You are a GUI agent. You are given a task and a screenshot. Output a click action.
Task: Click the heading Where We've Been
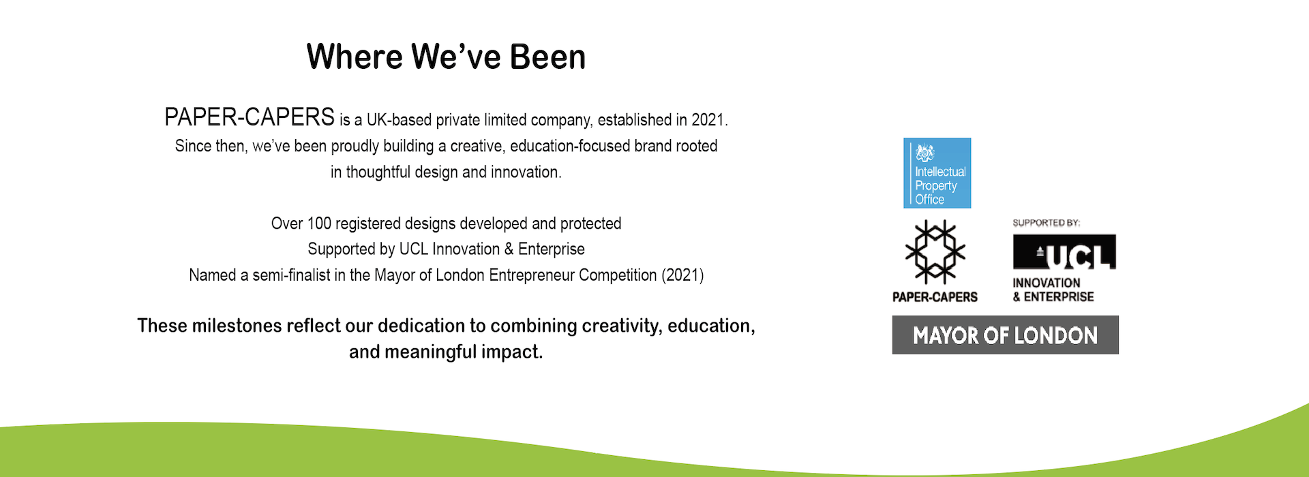446,56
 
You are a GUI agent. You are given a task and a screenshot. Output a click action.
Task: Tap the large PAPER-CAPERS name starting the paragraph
250,117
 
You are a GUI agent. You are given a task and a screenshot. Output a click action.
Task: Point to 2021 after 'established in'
709,120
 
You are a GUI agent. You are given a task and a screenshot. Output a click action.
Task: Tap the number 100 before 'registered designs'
319,224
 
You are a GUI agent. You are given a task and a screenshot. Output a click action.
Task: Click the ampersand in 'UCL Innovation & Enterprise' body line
509,249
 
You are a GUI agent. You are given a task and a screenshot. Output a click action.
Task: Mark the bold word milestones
237,326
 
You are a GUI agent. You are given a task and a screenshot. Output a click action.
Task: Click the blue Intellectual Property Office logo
937,173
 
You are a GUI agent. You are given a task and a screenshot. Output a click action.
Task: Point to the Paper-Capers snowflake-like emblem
935,252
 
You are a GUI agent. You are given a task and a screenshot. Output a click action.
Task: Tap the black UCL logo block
1064,251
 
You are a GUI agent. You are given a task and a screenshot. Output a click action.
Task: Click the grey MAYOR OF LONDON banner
1005,335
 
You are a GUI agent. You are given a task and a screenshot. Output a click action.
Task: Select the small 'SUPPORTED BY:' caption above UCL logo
1047,223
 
